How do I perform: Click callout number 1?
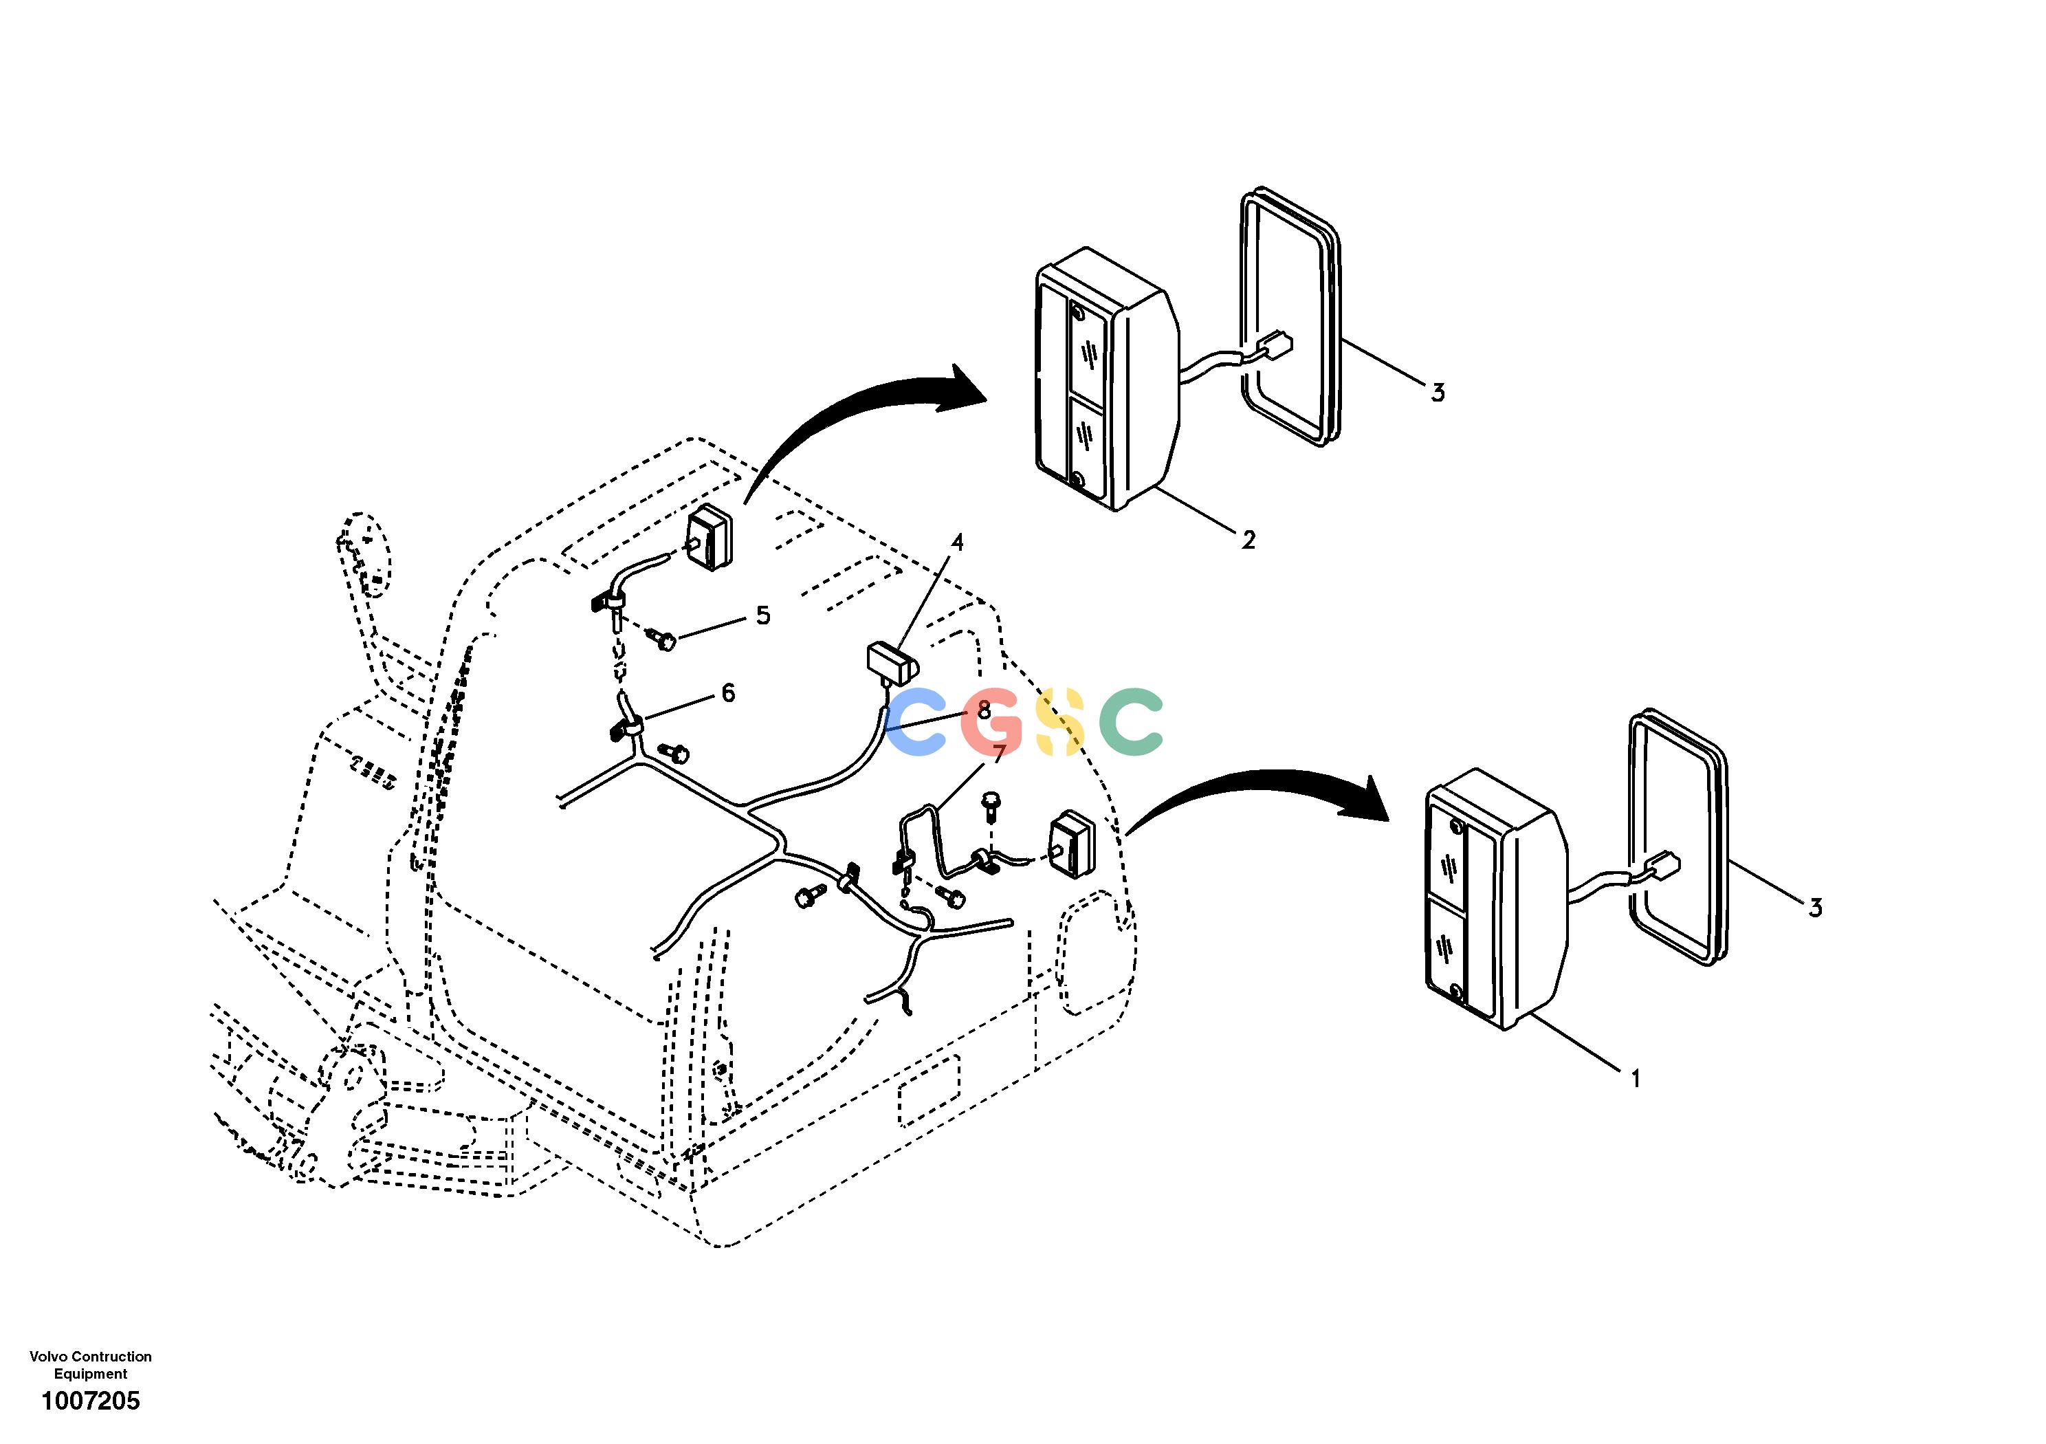[1634, 1080]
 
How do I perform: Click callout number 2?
[1248, 539]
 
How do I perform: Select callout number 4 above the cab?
[957, 542]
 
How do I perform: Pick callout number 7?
[999, 753]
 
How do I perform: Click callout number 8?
[984, 710]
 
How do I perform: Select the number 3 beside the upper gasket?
[1438, 392]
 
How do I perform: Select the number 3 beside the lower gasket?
[1815, 908]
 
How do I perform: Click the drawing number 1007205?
[91, 1402]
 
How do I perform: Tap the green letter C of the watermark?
[1131, 722]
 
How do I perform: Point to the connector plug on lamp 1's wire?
[1664, 864]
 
